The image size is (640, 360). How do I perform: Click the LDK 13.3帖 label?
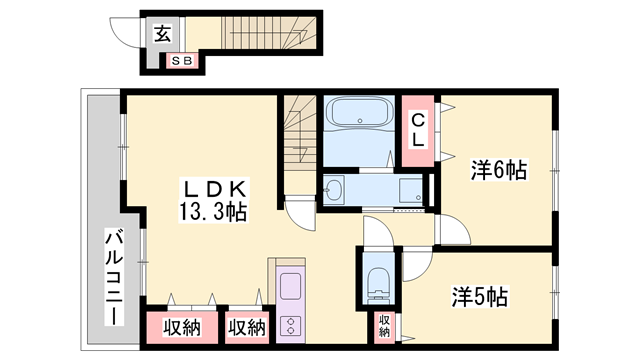tap(213, 200)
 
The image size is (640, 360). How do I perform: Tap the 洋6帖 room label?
tap(500, 170)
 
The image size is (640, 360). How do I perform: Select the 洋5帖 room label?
tap(480, 297)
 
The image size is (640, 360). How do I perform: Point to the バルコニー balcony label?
tap(114, 277)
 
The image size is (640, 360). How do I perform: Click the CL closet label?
tap(418, 130)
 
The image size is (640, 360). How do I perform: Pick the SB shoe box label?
tap(182, 61)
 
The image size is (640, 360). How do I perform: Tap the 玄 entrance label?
tap(162, 33)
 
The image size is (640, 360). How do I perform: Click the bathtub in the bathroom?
tap(360, 111)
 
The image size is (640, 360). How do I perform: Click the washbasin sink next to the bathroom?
tap(334, 190)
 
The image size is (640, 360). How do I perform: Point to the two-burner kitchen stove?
tap(291, 325)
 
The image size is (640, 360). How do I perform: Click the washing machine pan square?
tap(411, 190)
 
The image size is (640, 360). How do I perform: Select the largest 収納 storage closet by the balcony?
tap(182, 327)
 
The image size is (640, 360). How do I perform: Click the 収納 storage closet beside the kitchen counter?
tap(247, 327)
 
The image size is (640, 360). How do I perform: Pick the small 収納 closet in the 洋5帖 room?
tap(384, 327)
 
